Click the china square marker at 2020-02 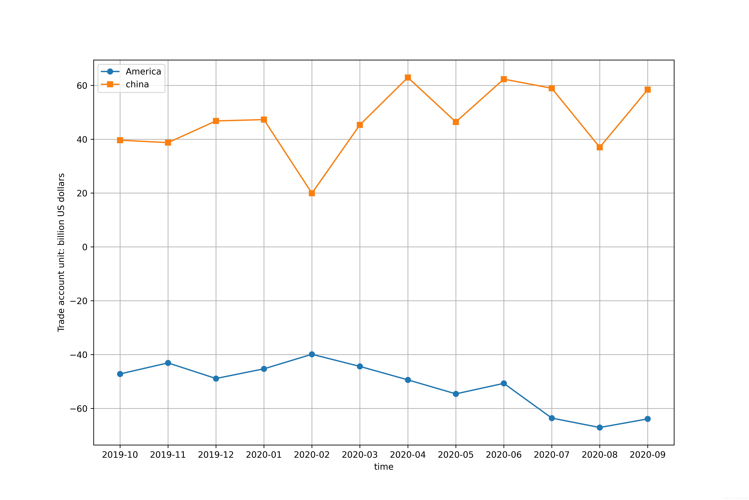312,193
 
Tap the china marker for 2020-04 408,77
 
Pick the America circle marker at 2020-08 600,427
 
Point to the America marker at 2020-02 312,354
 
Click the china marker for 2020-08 600,147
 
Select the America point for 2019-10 120,374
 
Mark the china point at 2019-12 216,121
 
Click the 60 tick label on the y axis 82,85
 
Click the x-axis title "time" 384,467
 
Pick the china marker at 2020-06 504,79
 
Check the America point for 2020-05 456,394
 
